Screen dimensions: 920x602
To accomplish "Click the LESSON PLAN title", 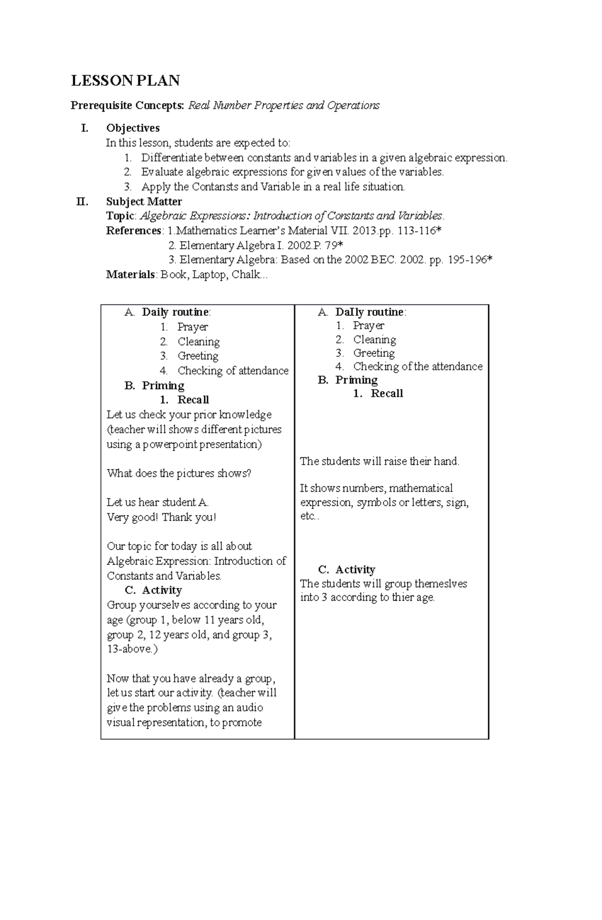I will (x=125, y=81).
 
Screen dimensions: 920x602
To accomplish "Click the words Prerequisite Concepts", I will (x=127, y=106).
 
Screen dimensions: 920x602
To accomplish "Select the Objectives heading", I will (x=132, y=128).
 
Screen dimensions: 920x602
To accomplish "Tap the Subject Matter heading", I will (x=143, y=202).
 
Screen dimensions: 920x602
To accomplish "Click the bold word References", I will (x=133, y=231).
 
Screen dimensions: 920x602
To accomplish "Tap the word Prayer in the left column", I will (x=192, y=327).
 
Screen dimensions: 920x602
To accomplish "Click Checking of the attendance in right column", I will (x=417, y=367).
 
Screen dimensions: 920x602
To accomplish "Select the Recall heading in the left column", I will (x=193, y=400).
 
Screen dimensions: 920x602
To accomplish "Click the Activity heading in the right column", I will (x=355, y=570).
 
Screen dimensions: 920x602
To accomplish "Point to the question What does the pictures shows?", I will (x=179, y=474).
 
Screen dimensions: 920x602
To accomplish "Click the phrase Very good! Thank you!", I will (x=161, y=517).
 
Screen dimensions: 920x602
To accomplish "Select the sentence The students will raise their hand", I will (x=379, y=462).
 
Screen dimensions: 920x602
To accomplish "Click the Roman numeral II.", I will (x=81, y=202).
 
